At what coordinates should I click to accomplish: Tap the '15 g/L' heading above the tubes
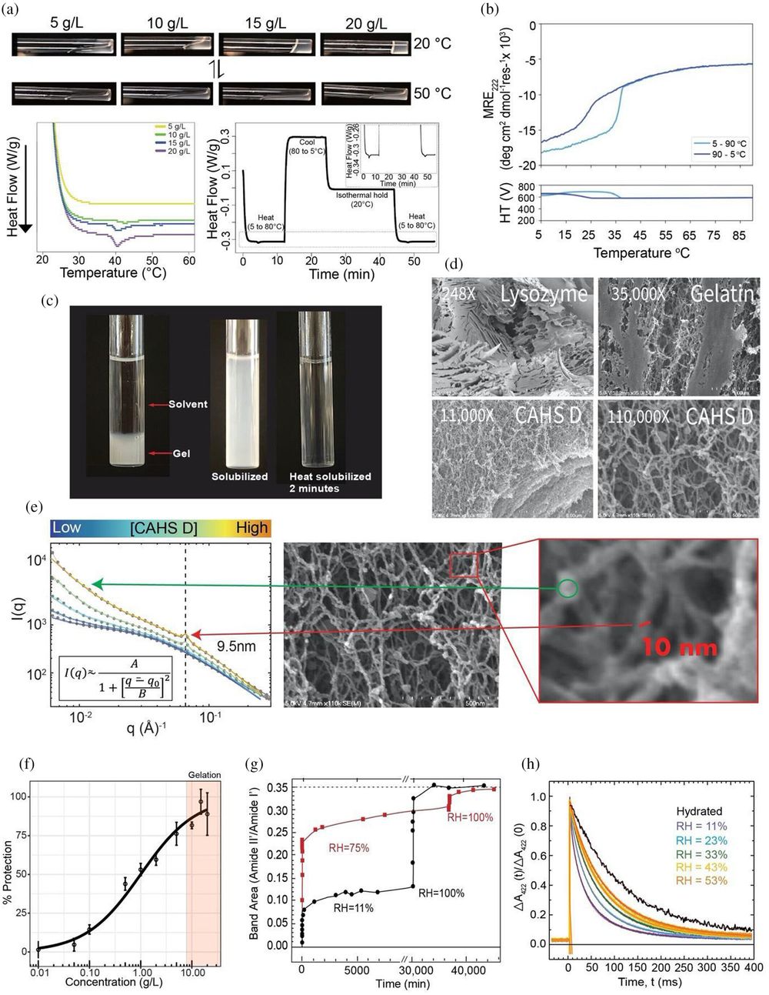(x=265, y=23)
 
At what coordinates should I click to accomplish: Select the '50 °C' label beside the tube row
(x=432, y=93)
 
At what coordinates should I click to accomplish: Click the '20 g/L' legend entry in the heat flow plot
(x=175, y=152)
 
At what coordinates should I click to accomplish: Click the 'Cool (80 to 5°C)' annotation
(x=307, y=146)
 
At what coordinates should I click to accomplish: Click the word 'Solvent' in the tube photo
(x=188, y=404)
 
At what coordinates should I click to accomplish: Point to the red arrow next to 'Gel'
(x=160, y=454)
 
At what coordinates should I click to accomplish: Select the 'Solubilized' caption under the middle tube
(x=239, y=476)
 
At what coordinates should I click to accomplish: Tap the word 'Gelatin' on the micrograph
(x=722, y=293)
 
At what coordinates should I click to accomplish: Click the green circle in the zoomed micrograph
(x=568, y=589)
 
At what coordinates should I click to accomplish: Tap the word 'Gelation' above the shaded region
(x=204, y=775)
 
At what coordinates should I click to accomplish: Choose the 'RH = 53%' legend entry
(x=701, y=880)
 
